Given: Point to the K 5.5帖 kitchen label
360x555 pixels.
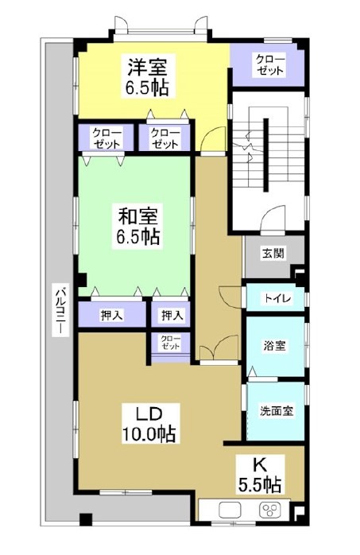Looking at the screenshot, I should pos(260,472).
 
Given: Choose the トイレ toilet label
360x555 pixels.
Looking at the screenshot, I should pos(277,299).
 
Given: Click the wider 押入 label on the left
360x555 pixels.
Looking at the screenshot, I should pos(111,316).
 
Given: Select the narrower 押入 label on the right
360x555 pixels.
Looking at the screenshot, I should pos(171,316).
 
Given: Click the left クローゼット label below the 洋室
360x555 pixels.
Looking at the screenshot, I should pos(106,138).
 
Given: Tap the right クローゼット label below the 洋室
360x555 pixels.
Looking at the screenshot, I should pos(165,138).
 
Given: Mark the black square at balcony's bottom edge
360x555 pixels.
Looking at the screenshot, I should pos(87,522).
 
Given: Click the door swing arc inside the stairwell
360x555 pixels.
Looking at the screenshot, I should pos(274,215).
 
